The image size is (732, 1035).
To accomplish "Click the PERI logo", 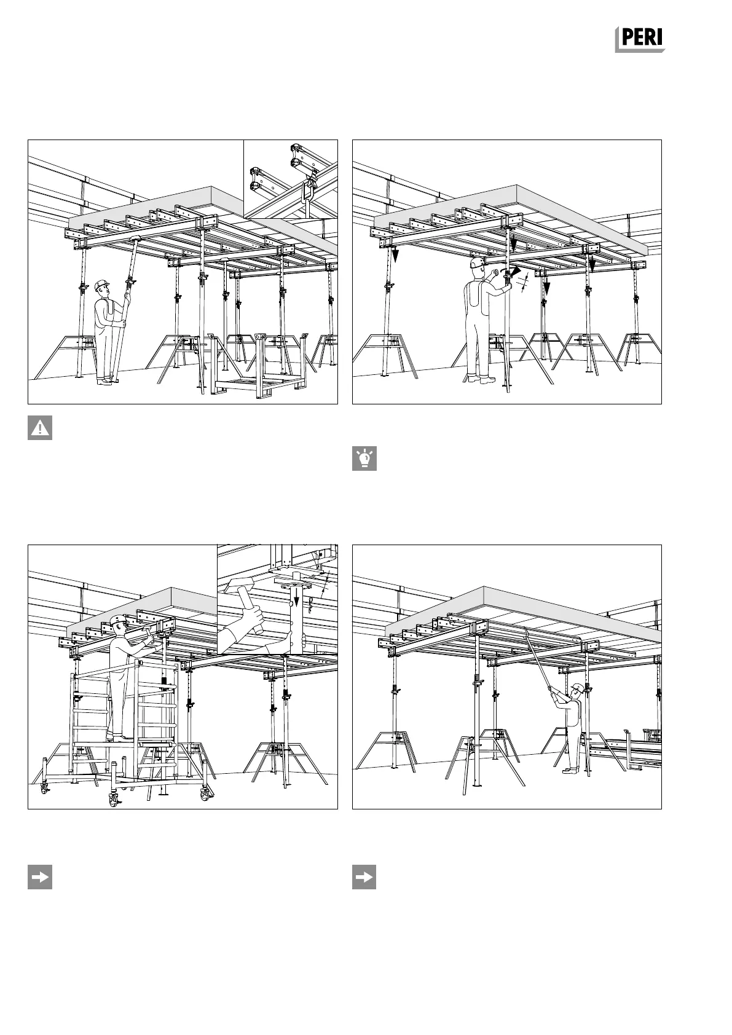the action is point(641,39).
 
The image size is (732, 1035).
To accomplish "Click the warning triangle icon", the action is point(40,428).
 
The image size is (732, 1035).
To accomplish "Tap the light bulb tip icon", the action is point(364,459).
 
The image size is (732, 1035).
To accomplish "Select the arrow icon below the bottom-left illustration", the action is point(40,878).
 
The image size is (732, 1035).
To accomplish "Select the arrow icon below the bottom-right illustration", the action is point(364,878).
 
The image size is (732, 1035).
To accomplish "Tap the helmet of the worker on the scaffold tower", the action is point(119,620).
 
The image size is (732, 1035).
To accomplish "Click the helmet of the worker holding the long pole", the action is point(576,687).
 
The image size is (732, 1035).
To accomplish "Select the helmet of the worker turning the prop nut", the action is point(476,262).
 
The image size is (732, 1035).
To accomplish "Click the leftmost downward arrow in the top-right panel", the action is point(396,253).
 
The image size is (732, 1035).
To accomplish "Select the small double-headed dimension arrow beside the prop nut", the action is point(524,285).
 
